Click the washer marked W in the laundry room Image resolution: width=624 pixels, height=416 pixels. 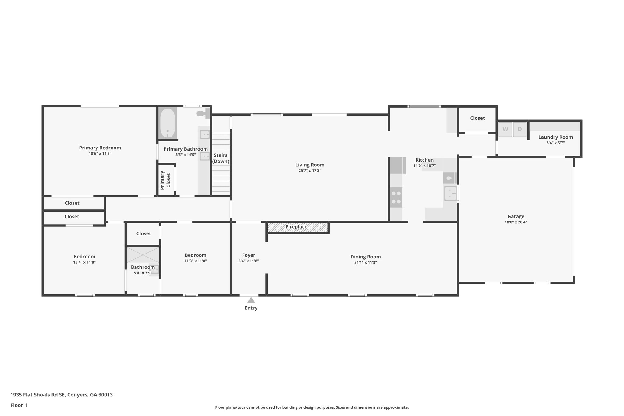[x=505, y=129]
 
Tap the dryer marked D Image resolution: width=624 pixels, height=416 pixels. [x=520, y=129]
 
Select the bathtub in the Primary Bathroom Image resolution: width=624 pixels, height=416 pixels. [x=168, y=123]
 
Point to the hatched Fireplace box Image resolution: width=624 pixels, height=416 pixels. [x=297, y=227]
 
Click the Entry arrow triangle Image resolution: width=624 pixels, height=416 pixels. [x=251, y=300]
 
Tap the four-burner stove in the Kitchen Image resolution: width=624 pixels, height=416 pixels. [x=396, y=197]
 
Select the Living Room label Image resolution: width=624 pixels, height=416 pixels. [x=310, y=165]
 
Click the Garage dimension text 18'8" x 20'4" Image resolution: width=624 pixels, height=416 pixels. [x=516, y=222]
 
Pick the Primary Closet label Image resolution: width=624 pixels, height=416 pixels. [x=165, y=180]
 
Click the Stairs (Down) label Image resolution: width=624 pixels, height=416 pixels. [x=221, y=158]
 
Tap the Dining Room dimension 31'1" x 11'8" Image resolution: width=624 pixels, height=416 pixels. [x=365, y=262]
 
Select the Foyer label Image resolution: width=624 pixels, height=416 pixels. [x=249, y=255]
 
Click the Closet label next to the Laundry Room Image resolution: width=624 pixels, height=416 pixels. [x=477, y=118]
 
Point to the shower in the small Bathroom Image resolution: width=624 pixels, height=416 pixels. [x=143, y=255]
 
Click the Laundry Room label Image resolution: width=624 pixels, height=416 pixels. [x=555, y=137]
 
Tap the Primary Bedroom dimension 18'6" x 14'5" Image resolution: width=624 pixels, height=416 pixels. [x=100, y=154]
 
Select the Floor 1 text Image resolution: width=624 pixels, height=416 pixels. [x=19, y=405]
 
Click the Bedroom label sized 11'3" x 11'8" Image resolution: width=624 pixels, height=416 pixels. [x=195, y=255]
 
